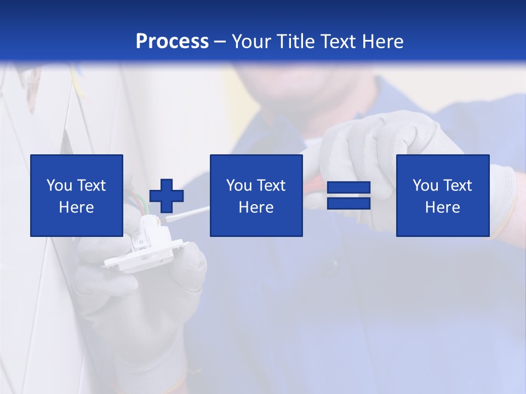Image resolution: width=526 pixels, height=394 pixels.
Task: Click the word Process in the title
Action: [x=172, y=42]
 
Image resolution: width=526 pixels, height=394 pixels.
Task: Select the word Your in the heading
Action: [x=251, y=42]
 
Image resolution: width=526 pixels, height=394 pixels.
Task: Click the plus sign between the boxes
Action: [x=167, y=195]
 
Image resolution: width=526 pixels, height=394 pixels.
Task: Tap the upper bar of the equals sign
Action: [x=348, y=188]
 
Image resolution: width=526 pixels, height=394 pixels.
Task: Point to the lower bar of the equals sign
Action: [x=348, y=203]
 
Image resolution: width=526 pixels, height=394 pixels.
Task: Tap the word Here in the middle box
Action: [x=256, y=207]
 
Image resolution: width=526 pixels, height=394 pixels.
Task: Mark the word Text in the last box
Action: [x=456, y=186]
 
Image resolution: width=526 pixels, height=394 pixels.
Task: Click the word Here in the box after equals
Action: [x=442, y=207]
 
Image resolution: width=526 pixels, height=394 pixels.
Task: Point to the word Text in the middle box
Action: [x=271, y=186]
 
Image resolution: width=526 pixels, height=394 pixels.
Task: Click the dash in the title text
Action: [x=220, y=42]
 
